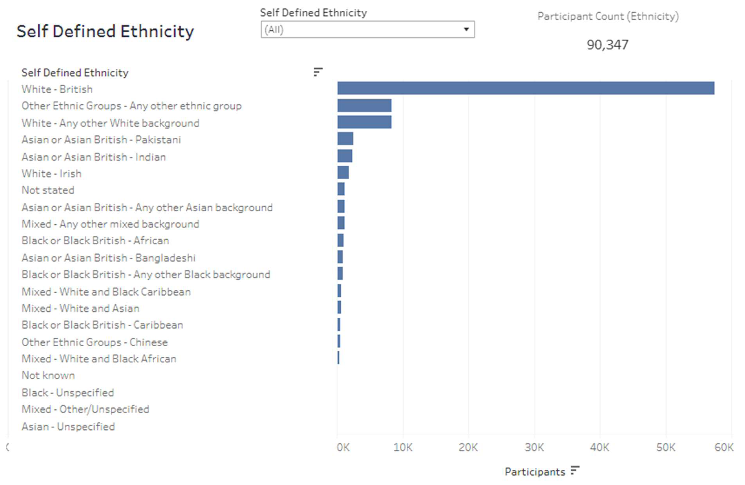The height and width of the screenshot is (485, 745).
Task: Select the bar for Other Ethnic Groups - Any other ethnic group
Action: [364, 105]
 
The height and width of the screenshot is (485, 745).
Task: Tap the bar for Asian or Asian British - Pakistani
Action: [345, 138]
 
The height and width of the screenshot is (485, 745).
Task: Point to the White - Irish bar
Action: [343, 172]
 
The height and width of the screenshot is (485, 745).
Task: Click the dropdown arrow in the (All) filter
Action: [466, 29]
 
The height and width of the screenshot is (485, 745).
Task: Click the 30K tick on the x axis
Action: [534, 447]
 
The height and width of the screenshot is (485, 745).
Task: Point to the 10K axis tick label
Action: [403, 447]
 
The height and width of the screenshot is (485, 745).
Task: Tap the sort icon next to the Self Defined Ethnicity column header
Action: [318, 72]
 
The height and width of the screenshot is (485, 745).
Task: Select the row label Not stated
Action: [48, 190]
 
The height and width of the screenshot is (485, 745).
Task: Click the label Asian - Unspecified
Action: [68, 427]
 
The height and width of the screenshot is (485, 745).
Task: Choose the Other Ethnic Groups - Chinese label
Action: [95, 342]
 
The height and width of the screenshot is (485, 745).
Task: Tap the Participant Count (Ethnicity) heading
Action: [608, 16]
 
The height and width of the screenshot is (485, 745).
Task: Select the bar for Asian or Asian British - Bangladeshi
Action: [340, 257]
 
